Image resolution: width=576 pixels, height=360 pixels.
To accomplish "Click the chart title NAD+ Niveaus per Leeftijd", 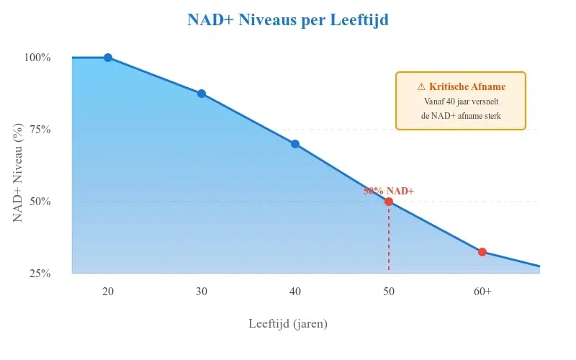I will [288, 20].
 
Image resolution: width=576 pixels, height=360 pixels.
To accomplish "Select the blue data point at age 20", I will [108, 58].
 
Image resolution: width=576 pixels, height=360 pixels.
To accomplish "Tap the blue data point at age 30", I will [202, 94].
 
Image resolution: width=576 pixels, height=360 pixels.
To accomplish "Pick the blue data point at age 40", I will [295, 144].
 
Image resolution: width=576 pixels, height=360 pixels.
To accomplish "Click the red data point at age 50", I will [389, 202].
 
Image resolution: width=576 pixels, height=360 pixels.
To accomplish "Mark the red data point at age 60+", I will [482, 252].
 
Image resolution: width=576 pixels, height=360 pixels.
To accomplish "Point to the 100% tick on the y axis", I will [38, 58].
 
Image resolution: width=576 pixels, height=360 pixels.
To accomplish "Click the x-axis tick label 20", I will [108, 292].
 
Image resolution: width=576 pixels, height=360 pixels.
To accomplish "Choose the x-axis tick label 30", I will [202, 292].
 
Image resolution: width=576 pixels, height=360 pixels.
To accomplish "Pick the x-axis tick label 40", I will [295, 292].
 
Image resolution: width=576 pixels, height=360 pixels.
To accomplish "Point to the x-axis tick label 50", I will [389, 292].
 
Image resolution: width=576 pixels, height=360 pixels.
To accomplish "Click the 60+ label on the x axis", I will [482, 292].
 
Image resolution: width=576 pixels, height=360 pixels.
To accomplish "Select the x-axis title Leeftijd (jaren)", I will [288, 324].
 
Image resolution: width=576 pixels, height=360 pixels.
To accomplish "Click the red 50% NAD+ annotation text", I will [389, 191].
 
